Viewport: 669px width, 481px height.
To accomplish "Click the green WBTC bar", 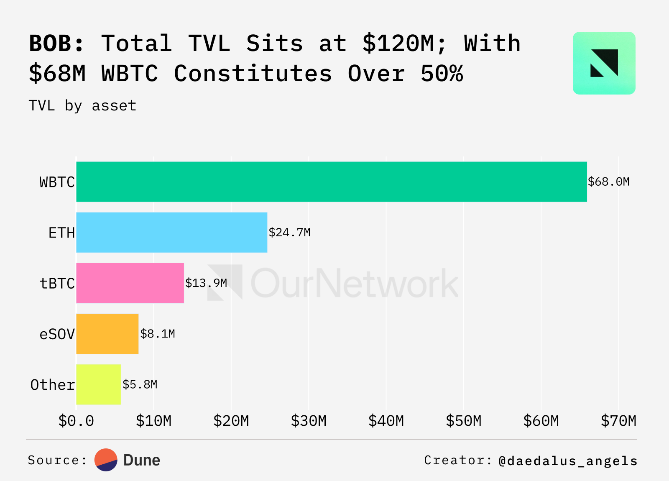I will click(331, 182).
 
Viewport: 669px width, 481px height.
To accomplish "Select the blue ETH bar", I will click(171, 233).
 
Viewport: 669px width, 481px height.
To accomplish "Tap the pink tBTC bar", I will click(130, 283).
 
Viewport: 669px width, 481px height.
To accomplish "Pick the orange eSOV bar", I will click(107, 334).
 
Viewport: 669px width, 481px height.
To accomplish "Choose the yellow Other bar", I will click(98, 384).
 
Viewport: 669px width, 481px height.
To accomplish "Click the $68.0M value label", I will click(608, 182).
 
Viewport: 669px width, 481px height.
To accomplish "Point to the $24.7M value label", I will click(289, 233).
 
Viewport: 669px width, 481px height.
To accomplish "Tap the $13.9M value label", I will click(206, 283).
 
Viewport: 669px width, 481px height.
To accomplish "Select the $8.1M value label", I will click(158, 334).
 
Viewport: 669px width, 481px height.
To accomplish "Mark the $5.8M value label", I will click(140, 384).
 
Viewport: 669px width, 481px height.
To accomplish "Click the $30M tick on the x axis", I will click(309, 421).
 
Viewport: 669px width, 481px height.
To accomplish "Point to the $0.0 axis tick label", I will click(76, 421).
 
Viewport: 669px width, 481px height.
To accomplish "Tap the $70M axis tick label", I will click(618, 421).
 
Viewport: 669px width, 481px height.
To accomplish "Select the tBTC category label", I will click(57, 284).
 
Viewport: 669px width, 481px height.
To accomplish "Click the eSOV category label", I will click(57, 334).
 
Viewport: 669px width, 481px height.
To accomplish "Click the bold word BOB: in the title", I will click(57, 43).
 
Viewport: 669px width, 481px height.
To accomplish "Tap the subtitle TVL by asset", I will click(82, 106).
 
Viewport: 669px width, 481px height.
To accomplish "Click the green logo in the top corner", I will click(604, 63).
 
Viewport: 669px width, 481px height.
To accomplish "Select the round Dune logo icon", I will click(106, 460).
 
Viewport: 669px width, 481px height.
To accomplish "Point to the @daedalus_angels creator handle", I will click(568, 461).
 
